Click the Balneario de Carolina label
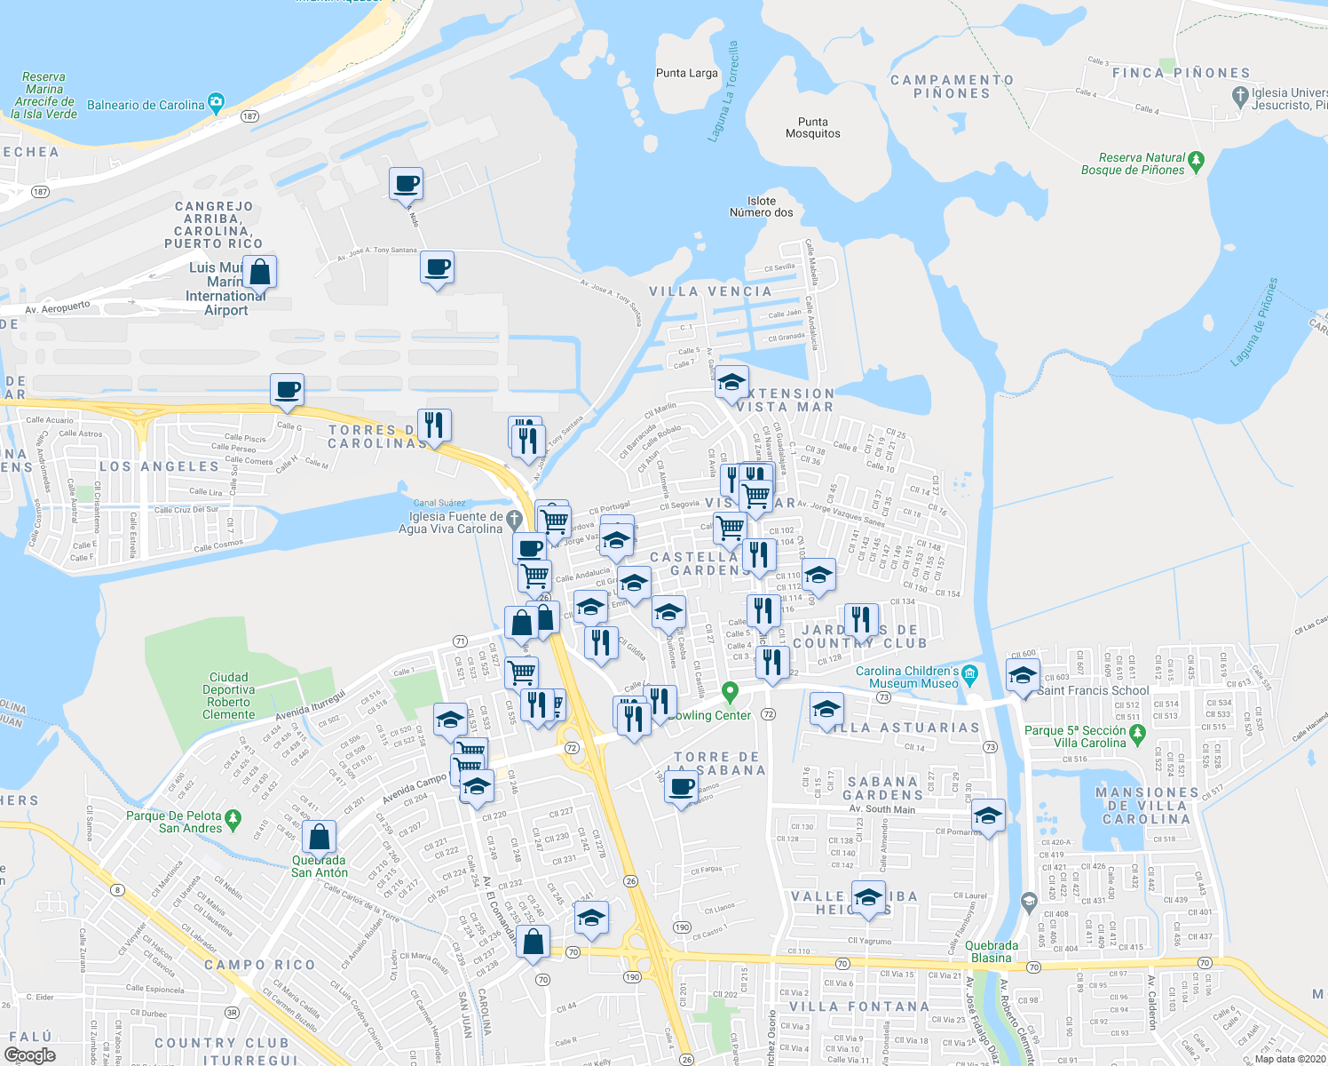pyautogui.click(x=146, y=105)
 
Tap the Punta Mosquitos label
pyautogui.click(x=812, y=128)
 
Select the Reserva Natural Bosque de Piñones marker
pyautogui.click(x=1196, y=161)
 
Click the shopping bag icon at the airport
pyautogui.click(x=259, y=273)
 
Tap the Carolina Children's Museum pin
pyautogui.click(x=969, y=673)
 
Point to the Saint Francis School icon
pyautogui.click(x=1023, y=676)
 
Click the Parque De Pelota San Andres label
pyautogui.click(x=174, y=822)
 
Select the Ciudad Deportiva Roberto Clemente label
pyautogui.click(x=228, y=696)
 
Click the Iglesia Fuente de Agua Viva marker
pyautogui.click(x=514, y=519)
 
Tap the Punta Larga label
pyautogui.click(x=686, y=73)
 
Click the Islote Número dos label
pyautogui.click(x=761, y=207)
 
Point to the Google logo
pyautogui.click(x=30, y=1055)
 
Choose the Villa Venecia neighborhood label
pyautogui.click(x=710, y=291)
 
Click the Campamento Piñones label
pyautogui.click(x=952, y=86)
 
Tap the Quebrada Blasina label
pyautogui.click(x=992, y=951)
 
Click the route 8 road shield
pyautogui.click(x=117, y=890)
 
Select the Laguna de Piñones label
pyautogui.click(x=1255, y=322)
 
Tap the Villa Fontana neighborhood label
pyautogui.click(x=859, y=1006)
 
